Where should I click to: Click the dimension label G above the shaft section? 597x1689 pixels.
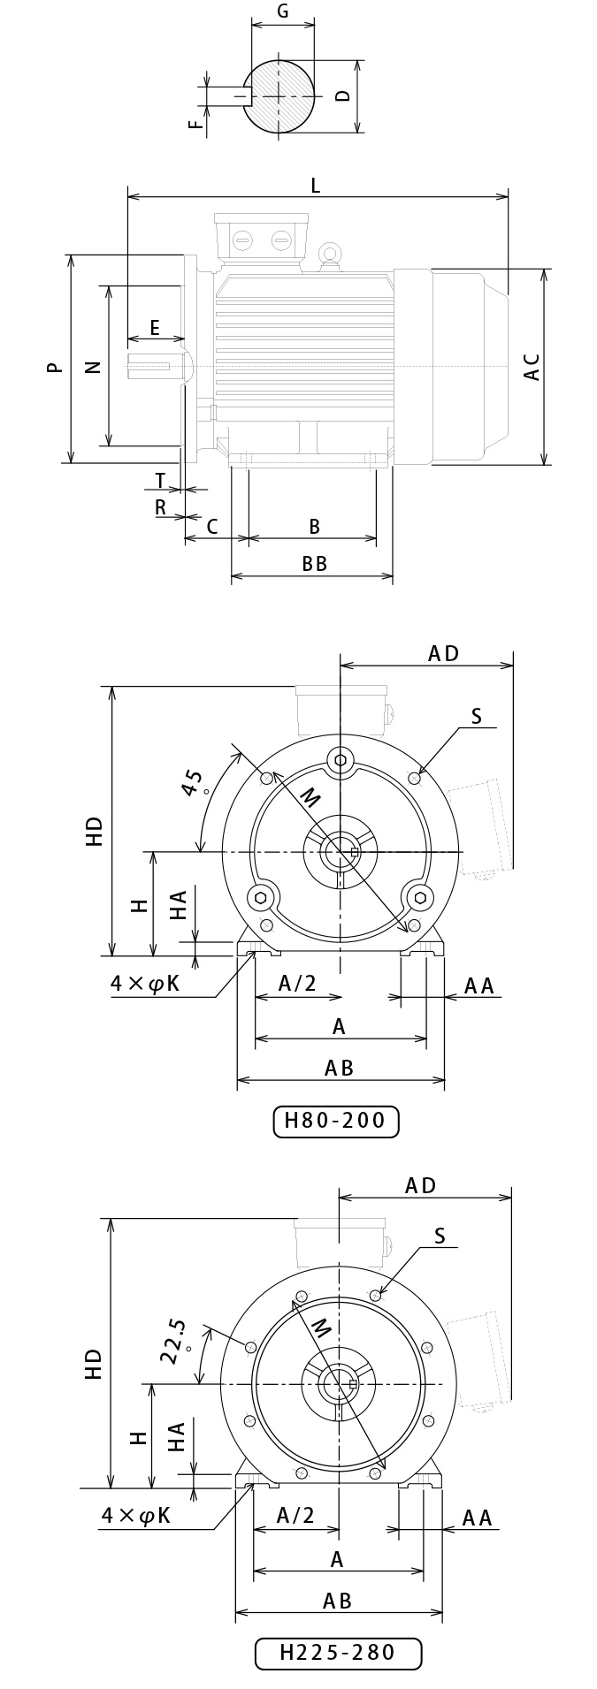pos(283,11)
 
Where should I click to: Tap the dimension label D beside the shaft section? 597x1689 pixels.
pos(344,95)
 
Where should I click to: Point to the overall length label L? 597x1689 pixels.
pos(316,186)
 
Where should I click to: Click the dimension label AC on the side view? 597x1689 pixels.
pos(532,367)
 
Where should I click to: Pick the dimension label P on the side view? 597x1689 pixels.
pos(56,367)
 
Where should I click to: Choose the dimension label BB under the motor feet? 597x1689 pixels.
pos(315,564)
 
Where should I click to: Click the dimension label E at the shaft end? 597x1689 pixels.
pos(155,329)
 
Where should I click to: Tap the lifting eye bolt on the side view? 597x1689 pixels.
pos(331,255)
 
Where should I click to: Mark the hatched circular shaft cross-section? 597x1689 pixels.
pos(279,95)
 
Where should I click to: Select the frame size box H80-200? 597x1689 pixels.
pos(336,1121)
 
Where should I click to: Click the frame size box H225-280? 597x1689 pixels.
pos(338,1652)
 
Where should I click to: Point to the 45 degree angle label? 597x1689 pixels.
pos(195,783)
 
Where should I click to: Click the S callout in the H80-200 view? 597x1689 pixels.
pos(477,716)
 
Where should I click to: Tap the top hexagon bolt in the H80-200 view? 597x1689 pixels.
pos(341,759)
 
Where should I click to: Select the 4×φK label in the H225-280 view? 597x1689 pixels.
pos(135,1515)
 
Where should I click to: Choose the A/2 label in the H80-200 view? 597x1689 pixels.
pos(297,984)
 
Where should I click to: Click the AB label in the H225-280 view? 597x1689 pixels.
pos(338,1601)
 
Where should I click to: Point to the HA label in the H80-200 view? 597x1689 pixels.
pos(179,905)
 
